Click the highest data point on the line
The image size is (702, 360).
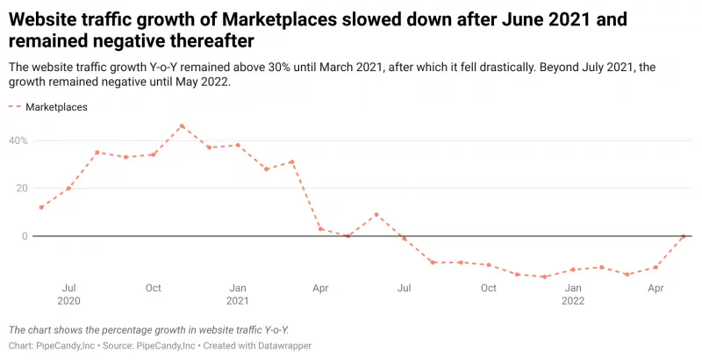tap(182, 126)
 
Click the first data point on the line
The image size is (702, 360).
tap(41, 207)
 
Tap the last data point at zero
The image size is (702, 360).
tap(684, 236)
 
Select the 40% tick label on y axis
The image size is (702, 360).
tap(19, 140)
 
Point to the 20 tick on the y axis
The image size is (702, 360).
tap(21, 188)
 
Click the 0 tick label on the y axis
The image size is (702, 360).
tap(25, 236)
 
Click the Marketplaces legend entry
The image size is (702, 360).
tap(56, 107)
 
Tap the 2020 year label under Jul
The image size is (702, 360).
tap(69, 301)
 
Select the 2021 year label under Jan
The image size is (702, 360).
tap(237, 301)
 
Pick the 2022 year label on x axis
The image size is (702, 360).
tap(573, 301)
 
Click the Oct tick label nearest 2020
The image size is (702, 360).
tap(154, 288)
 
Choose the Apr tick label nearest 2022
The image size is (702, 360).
tap(656, 288)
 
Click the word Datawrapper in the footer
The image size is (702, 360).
tap(282, 346)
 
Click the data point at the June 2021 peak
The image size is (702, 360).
tap(376, 214)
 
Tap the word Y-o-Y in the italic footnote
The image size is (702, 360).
tap(270, 330)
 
